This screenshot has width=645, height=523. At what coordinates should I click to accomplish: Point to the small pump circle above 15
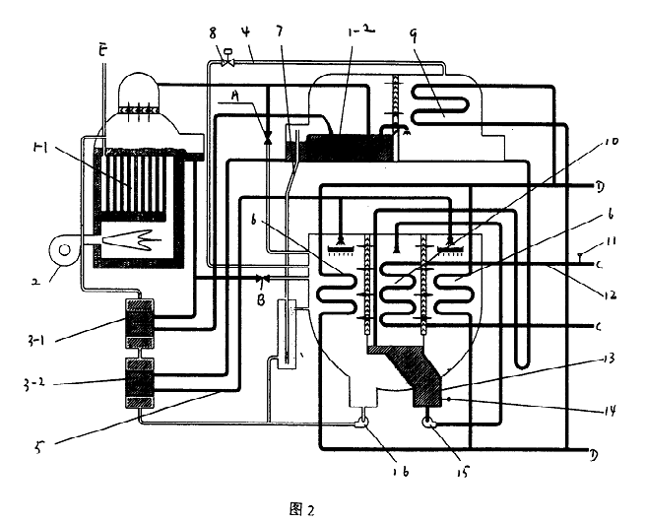coord(430,423)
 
